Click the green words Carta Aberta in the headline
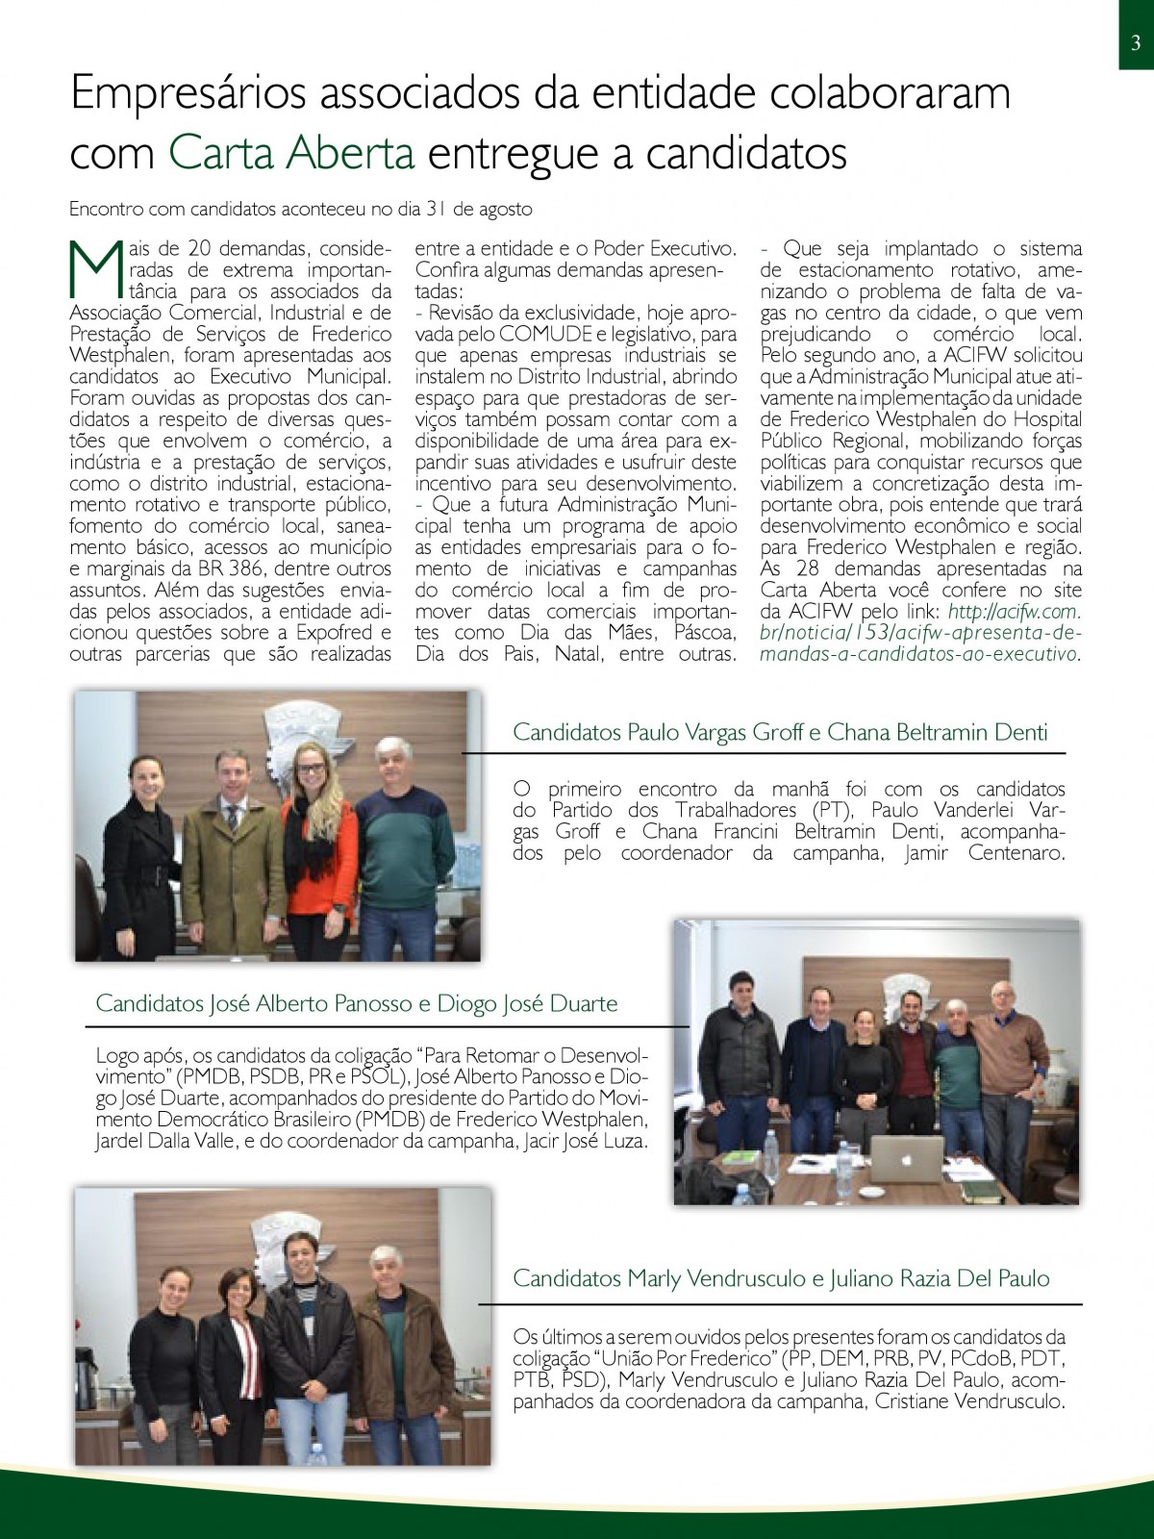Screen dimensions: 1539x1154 coord(292,154)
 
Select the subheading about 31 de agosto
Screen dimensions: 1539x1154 coord(301,208)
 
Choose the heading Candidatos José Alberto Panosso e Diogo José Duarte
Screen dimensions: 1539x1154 coord(357,1004)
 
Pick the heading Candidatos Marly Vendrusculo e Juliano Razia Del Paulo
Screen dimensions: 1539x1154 coord(781,1278)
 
